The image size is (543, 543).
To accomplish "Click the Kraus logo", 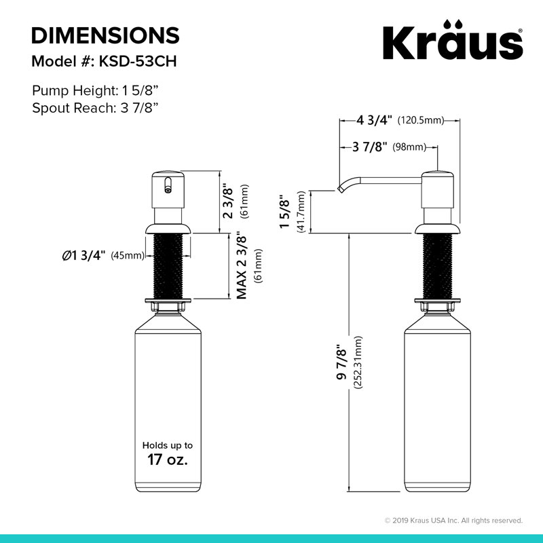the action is tap(453, 40).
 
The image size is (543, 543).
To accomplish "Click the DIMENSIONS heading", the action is tap(105, 35).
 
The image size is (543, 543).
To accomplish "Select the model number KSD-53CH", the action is tap(138, 61).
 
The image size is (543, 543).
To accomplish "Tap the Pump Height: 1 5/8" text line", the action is tap(95, 91).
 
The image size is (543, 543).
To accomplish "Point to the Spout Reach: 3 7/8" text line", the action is tap(95, 108).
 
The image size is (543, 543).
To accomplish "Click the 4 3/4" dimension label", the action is tap(375, 120).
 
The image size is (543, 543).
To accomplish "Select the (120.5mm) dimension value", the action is tap(421, 121).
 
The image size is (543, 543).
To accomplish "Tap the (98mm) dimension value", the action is tap(409, 147).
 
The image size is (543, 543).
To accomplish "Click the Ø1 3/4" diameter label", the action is tap(83, 256).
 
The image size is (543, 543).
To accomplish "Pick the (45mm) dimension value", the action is tap(128, 256).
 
